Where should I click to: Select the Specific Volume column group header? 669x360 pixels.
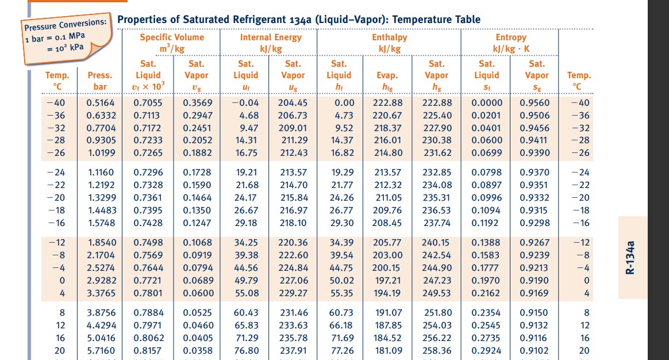(x=172, y=37)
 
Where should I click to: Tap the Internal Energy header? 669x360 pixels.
(x=270, y=37)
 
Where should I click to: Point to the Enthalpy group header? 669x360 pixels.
(x=389, y=37)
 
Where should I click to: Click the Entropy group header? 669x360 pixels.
(x=511, y=37)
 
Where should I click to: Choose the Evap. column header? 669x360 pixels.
(x=387, y=75)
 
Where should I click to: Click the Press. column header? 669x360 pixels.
(x=100, y=75)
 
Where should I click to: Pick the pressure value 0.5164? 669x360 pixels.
(x=101, y=103)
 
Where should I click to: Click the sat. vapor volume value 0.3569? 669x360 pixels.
(x=198, y=103)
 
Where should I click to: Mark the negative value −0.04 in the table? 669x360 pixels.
(x=245, y=103)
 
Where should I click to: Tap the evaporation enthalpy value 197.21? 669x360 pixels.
(x=387, y=280)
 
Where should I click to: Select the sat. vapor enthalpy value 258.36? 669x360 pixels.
(x=437, y=350)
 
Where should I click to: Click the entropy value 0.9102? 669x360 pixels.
(x=535, y=350)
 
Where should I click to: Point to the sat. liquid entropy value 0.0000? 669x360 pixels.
(x=487, y=103)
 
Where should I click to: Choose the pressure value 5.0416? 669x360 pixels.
(x=101, y=338)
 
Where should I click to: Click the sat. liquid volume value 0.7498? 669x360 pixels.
(x=148, y=242)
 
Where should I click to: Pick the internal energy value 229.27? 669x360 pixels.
(x=294, y=293)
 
